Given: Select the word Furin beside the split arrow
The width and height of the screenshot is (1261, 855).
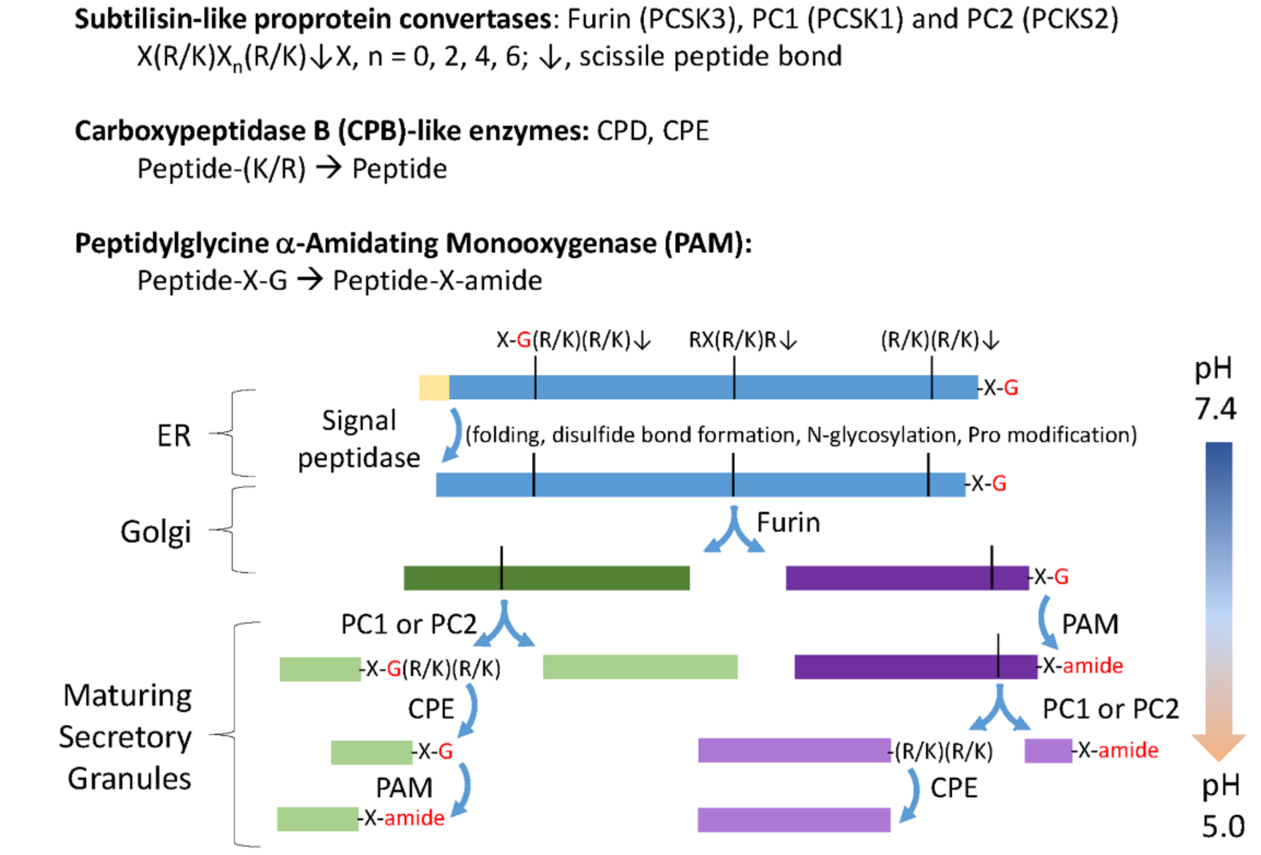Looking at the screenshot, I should click(788, 523).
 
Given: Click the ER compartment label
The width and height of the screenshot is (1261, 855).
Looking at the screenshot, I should click(174, 436).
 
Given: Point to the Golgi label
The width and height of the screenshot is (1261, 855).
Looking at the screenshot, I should click(156, 531).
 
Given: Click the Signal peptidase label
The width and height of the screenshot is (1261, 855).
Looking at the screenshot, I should click(359, 439).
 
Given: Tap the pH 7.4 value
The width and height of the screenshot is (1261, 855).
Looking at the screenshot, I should click(1215, 408).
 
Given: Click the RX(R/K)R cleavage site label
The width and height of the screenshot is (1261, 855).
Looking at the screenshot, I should click(742, 340).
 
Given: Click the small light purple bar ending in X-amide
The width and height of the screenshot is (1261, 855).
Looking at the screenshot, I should click(1047, 751).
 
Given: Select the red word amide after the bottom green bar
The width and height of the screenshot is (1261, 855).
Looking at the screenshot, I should click(414, 818).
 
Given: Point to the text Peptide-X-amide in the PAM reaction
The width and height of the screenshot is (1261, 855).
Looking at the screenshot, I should click(437, 281).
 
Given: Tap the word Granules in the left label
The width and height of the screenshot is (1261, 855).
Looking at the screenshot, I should click(129, 779).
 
